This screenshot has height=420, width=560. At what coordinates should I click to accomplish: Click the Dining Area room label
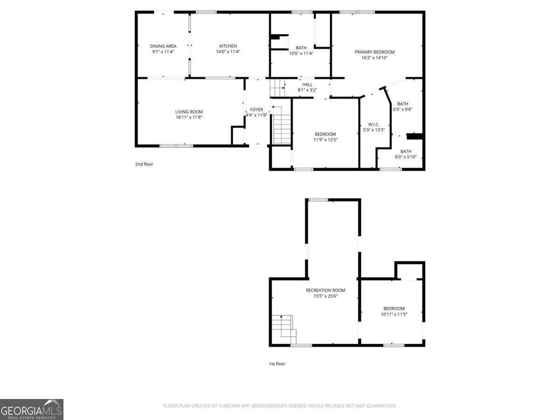[163, 46]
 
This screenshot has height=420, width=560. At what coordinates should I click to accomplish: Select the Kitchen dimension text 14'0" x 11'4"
[228, 52]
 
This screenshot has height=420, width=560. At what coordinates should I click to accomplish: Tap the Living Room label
[189, 112]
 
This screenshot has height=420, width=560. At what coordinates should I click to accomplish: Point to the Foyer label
[256, 110]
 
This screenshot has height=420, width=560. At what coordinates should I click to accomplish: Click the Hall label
[307, 84]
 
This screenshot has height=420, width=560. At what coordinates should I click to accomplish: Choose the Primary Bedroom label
[374, 52]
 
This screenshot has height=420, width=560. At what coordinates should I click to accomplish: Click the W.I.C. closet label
[373, 124]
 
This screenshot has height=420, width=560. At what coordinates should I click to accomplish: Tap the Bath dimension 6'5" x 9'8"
[402, 109]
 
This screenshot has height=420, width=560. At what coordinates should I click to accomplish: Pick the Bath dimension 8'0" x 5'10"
[406, 157]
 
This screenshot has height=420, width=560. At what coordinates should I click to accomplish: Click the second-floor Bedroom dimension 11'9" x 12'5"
[325, 140]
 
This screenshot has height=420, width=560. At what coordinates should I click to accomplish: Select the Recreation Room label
[325, 290]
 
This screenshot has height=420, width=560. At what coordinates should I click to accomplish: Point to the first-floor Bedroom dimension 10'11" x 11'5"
[394, 314]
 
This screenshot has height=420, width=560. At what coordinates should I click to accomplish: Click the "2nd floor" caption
[144, 164]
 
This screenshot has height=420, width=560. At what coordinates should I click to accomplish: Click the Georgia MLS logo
[32, 409]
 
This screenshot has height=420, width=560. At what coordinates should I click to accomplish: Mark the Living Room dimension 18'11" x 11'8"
[189, 117]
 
